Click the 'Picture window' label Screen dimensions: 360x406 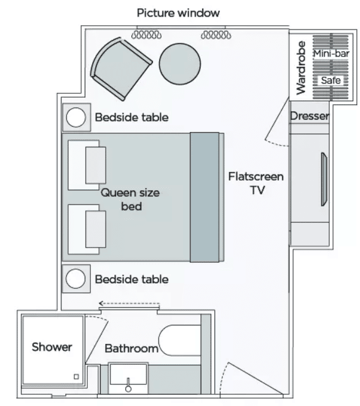(178, 13)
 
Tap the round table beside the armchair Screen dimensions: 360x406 (180, 64)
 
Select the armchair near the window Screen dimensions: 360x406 (121, 69)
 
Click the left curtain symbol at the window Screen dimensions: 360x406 (146, 34)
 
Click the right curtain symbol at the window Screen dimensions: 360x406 (216, 34)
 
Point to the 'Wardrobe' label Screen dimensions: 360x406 (301, 68)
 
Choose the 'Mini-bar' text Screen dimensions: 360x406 (332, 53)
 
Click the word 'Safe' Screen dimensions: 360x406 (331, 80)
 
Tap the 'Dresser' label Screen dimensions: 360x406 (310, 115)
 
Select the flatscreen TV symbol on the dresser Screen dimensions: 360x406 (324, 179)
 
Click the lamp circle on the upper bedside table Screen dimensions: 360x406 (76, 117)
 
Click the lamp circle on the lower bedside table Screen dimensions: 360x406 (76, 279)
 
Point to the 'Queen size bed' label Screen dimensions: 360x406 (130, 200)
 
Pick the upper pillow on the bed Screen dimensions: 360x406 (87, 165)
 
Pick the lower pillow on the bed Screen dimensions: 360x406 (87, 229)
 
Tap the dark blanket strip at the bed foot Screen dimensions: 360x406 (205, 197)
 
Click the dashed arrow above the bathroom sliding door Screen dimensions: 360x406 (129, 303)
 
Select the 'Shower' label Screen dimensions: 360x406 (52, 347)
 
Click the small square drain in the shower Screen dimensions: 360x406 (76, 377)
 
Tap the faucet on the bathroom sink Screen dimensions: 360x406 (128, 385)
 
